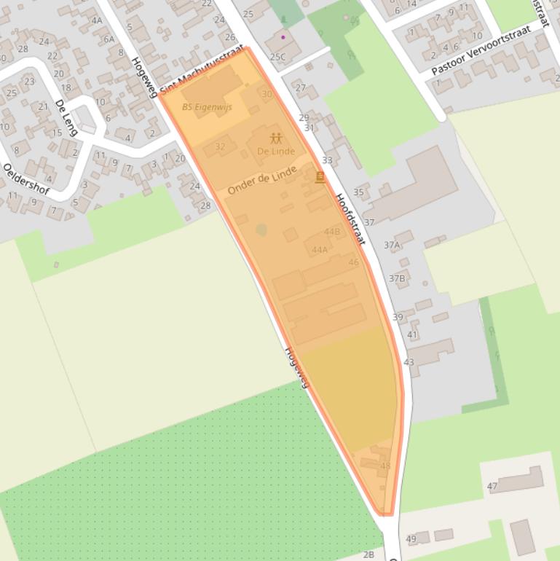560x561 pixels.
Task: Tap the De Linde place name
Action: click(x=276, y=151)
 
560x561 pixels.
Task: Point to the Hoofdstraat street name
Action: click(x=350, y=219)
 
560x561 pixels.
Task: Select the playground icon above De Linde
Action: click(x=276, y=138)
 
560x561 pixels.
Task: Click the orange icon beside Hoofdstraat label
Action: click(x=320, y=177)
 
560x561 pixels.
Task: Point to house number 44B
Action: click(x=332, y=232)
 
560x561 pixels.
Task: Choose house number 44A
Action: click(x=320, y=250)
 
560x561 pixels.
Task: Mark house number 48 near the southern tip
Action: click(x=385, y=466)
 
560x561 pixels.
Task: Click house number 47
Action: click(x=492, y=486)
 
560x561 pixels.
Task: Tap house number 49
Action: click(x=411, y=539)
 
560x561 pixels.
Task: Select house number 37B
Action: click(x=397, y=278)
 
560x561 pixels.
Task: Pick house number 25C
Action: click(x=277, y=56)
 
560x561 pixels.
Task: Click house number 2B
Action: click(x=368, y=554)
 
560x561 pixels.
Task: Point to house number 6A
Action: click(x=109, y=39)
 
